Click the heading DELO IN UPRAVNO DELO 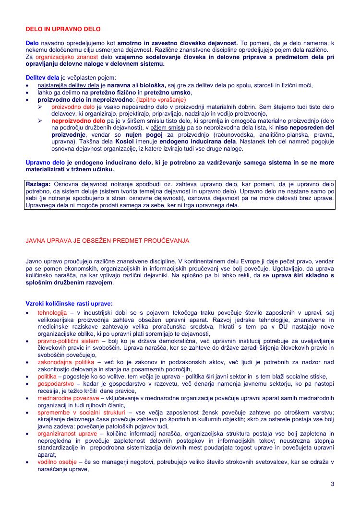(63, 29)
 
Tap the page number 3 (332, 483)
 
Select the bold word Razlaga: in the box (38, 184)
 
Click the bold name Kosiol (124, 142)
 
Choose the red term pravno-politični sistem (68, 341)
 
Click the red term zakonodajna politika (67, 362)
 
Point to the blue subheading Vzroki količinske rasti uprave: (69, 303)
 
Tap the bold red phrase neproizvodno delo (79, 121)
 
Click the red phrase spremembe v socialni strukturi (82, 412)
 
